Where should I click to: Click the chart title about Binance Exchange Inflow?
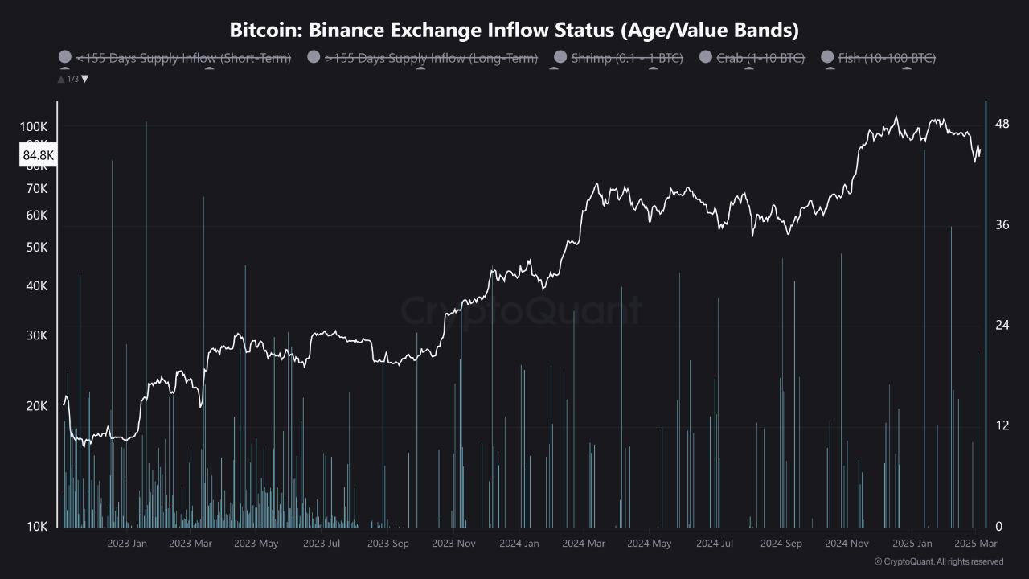click(514, 31)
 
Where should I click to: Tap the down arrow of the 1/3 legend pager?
click(85, 79)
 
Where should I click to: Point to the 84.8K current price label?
click(38, 155)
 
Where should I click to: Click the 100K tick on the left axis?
click(34, 127)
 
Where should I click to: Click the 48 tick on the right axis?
click(1002, 124)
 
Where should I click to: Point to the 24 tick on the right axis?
click(1002, 325)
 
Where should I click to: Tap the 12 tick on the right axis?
click(1002, 425)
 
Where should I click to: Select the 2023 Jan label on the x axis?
click(127, 544)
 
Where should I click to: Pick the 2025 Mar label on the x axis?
click(975, 544)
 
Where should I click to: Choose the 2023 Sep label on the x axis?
click(387, 544)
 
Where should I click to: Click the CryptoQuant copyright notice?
click(938, 561)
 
